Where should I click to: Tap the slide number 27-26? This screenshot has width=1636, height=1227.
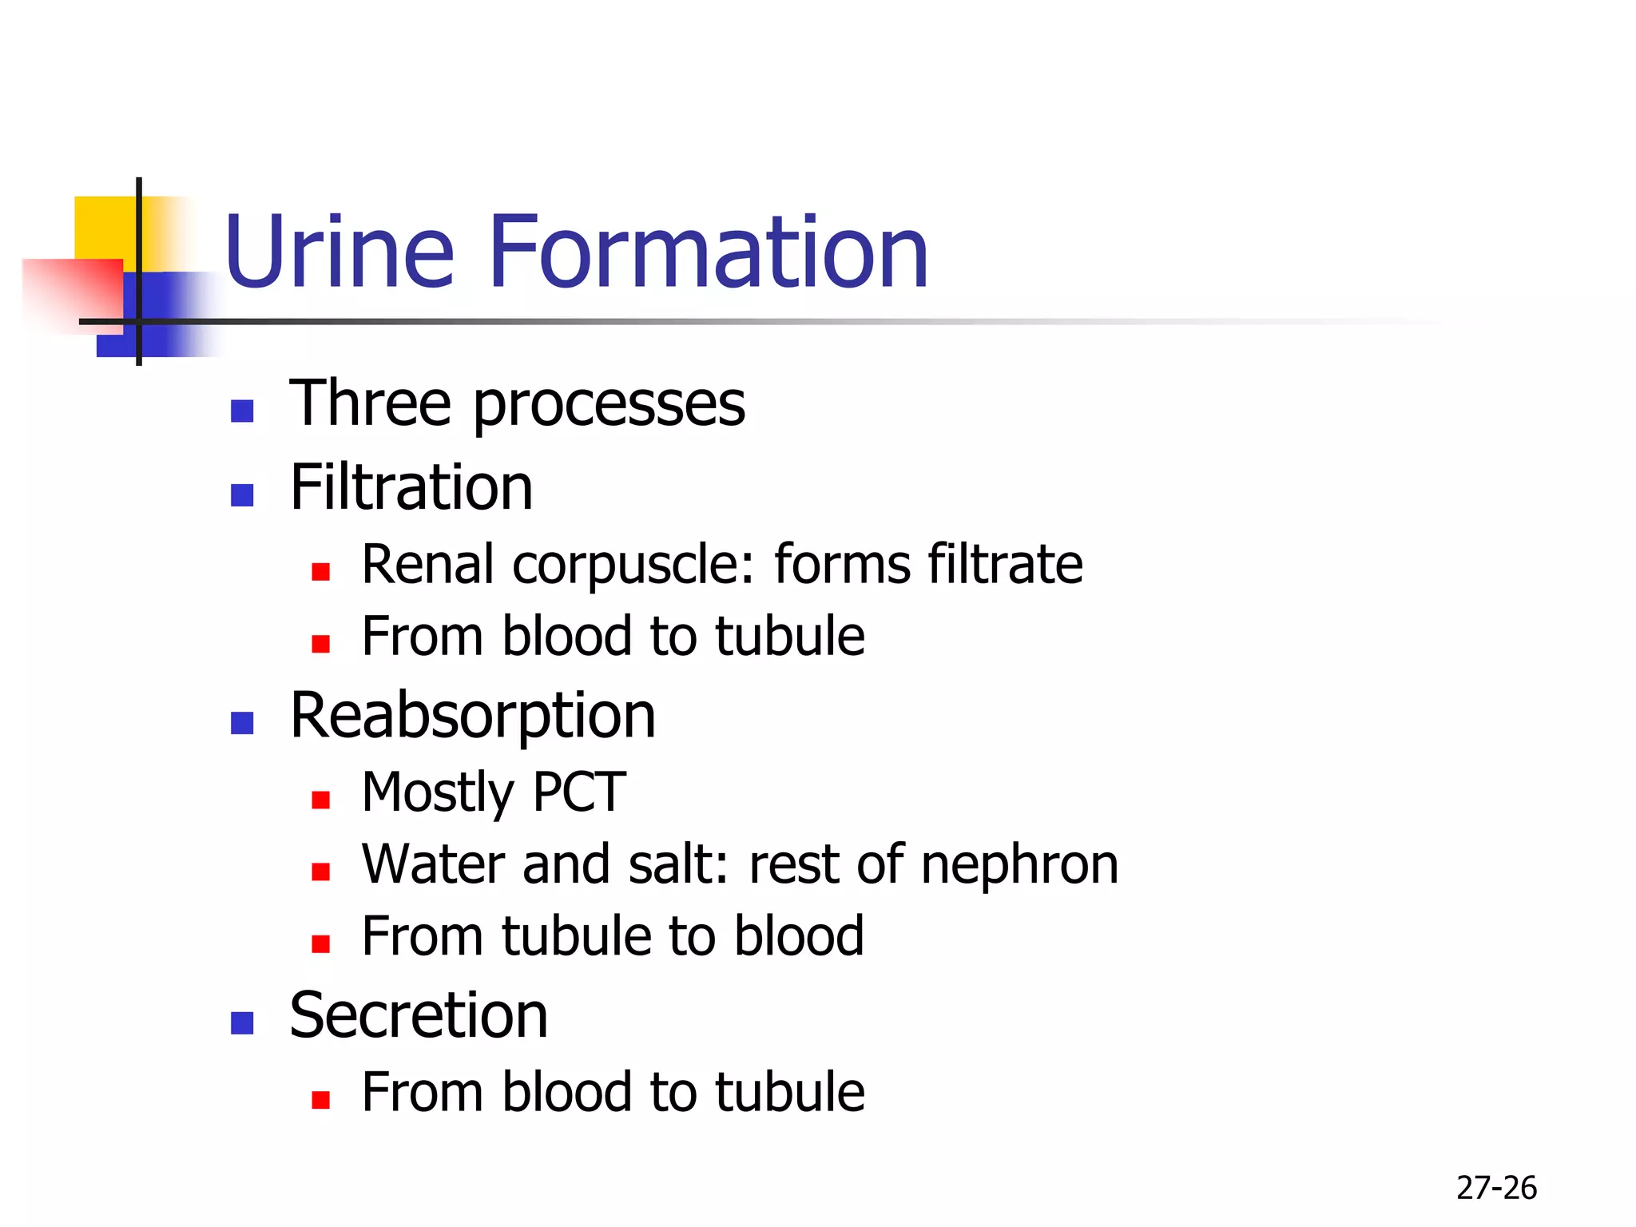(1496, 1188)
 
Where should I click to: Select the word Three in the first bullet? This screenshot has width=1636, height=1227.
(371, 403)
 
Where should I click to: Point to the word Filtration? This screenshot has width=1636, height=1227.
(411, 487)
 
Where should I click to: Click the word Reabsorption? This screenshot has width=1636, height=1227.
(473, 716)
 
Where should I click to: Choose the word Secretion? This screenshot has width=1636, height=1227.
(419, 1015)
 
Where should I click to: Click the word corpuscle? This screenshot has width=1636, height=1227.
(633, 565)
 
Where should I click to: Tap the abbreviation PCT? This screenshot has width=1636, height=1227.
(579, 792)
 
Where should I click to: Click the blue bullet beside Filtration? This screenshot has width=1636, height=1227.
(242, 495)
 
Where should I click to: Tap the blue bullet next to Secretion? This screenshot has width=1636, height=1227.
(242, 1023)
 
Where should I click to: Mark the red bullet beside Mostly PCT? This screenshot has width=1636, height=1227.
(321, 800)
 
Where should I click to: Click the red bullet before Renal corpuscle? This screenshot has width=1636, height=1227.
(321, 572)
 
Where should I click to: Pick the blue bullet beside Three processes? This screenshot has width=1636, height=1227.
(242, 411)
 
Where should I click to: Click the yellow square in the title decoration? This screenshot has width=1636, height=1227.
(104, 227)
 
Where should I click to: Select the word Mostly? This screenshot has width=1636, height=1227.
(438, 792)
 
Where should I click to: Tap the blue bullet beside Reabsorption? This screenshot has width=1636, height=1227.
(242, 723)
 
